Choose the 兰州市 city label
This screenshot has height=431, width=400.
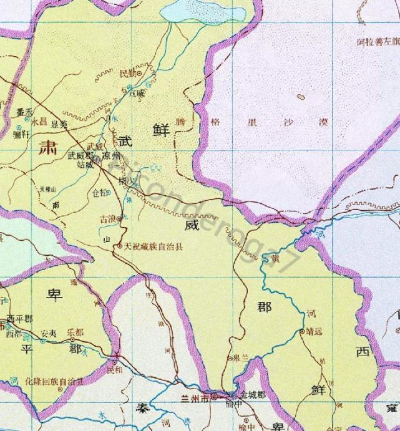[x=195, y=396]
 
